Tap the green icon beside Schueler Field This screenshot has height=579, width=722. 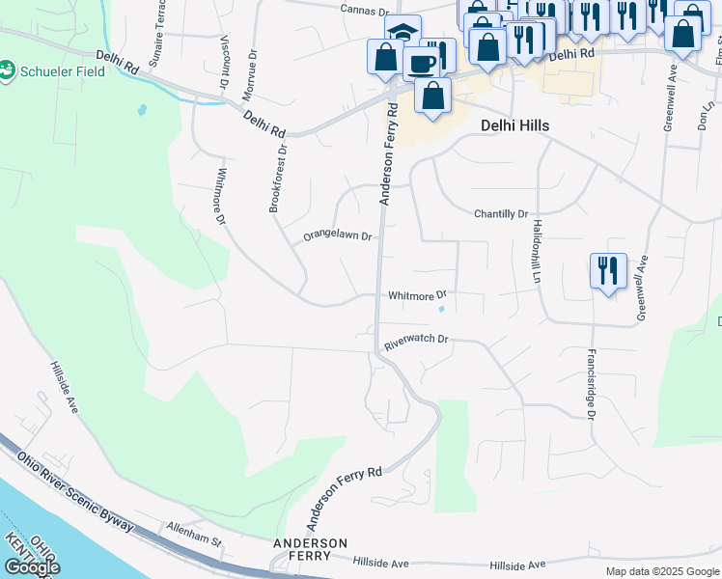coord(7,70)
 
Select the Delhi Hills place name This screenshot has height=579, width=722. coord(514,125)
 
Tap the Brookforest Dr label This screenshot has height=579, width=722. coord(279,179)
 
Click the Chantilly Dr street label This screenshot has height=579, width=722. coord(502,213)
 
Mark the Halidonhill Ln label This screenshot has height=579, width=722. coord(534,251)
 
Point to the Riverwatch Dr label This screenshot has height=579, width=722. coord(417,340)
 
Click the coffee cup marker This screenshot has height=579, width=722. coord(421,63)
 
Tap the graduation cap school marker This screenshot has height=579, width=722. coord(402,30)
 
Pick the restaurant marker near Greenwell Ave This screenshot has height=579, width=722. coord(608,269)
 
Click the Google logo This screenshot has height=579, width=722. coord(31,566)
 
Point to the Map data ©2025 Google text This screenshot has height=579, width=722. coord(661,571)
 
